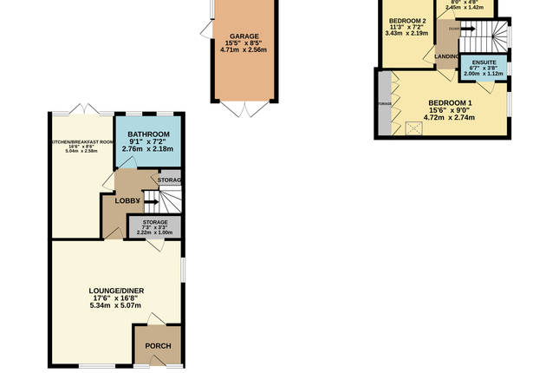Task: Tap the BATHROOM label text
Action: click(148, 134)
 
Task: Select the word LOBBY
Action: click(127, 200)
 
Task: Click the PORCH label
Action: click(157, 347)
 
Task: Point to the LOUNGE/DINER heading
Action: click(115, 290)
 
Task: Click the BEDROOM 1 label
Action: click(450, 104)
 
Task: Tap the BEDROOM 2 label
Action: click(407, 21)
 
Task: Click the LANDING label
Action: click(447, 57)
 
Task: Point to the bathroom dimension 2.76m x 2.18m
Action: click(148, 149)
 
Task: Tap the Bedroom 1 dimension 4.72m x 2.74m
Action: click(450, 118)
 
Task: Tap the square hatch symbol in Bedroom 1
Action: click(414, 128)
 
